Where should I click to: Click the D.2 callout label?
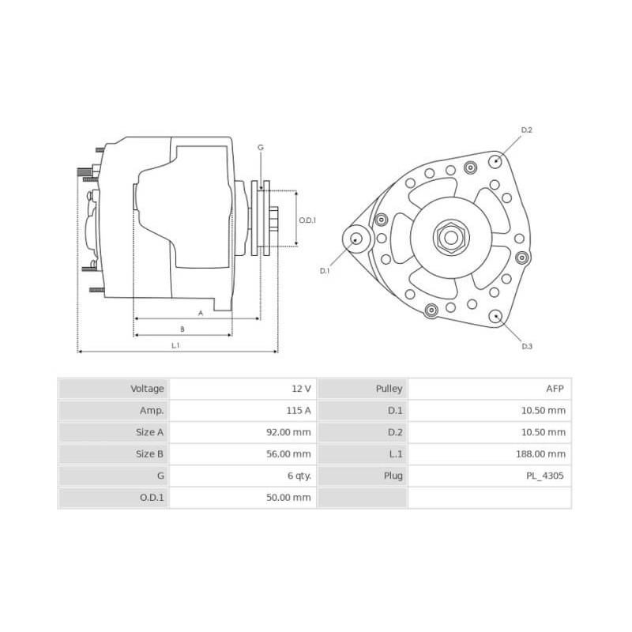(527, 130)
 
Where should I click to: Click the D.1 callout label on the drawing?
(324, 271)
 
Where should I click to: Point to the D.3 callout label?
(527, 346)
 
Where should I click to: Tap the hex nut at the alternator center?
(450, 236)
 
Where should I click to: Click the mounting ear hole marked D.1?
(355, 239)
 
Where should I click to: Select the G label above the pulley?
(261, 148)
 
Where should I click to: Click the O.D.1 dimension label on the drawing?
(307, 220)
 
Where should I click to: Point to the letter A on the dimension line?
(200, 313)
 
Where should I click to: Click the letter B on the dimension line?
(182, 329)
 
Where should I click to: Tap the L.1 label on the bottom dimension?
(175, 345)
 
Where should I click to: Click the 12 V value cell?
(301, 389)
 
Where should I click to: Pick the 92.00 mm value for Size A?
(290, 432)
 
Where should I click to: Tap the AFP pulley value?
(555, 389)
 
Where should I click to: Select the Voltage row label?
(148, 389)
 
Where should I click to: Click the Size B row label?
(150, 454)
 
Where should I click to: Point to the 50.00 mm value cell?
(290, 498)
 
